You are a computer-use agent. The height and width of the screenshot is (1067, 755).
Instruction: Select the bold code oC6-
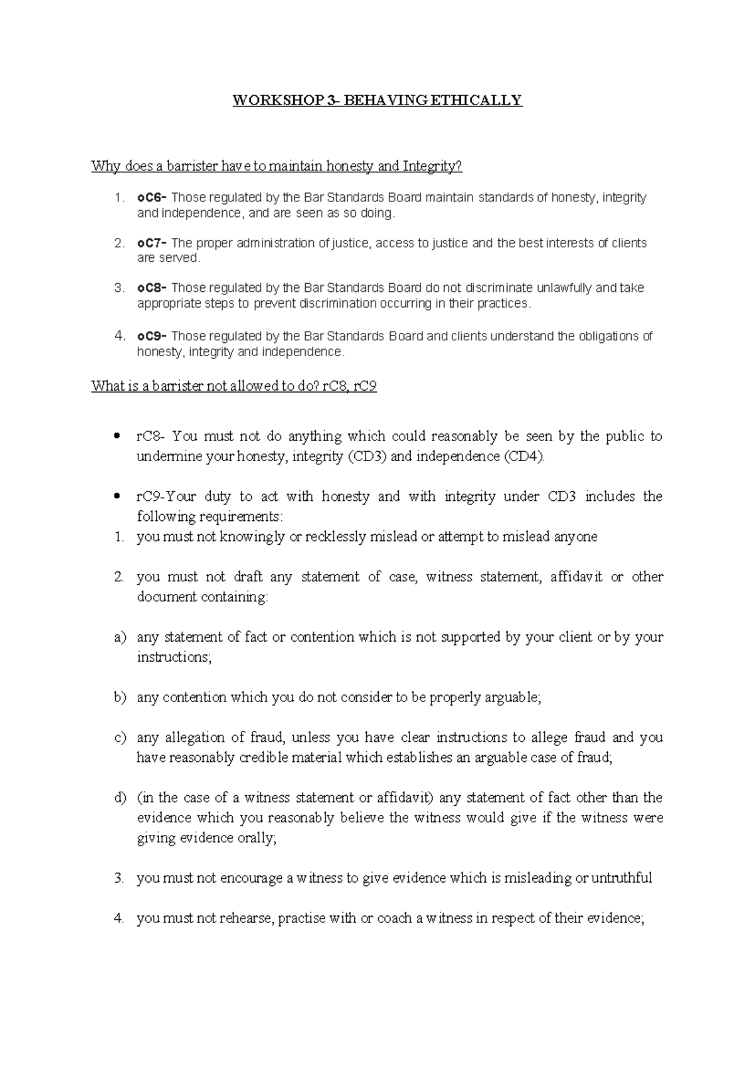point(152,198)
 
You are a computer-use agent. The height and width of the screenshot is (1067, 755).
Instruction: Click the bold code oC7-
point(152,243)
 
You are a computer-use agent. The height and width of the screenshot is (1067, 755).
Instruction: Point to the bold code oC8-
point(152,288)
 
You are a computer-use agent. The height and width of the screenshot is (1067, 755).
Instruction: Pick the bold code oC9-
point(152,336)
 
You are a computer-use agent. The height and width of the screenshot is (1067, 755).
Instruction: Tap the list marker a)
point(120,637)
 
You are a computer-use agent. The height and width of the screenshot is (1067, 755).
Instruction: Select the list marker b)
point(120,698)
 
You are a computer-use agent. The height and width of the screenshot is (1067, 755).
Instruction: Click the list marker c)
point(120,737)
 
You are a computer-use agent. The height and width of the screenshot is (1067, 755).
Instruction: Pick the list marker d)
point(120,798)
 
